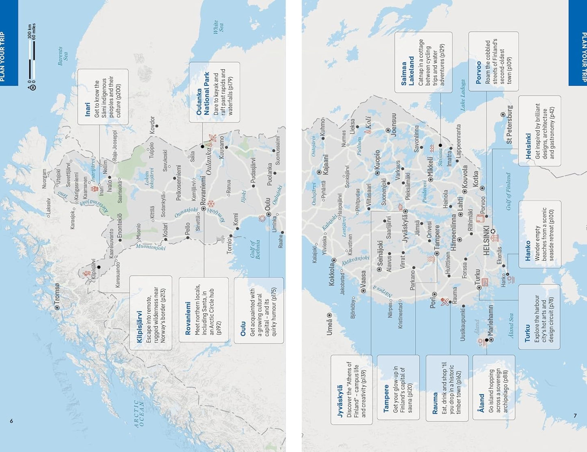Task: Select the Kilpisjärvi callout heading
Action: tap(140, 321)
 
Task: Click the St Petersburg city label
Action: tap(509, 125)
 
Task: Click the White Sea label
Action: tap(219, 27)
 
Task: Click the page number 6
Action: tap(11, 421)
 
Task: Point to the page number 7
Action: tap(575, 415)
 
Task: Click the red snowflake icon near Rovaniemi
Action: tap(210, 204)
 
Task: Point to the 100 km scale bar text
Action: tap(30, 32)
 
